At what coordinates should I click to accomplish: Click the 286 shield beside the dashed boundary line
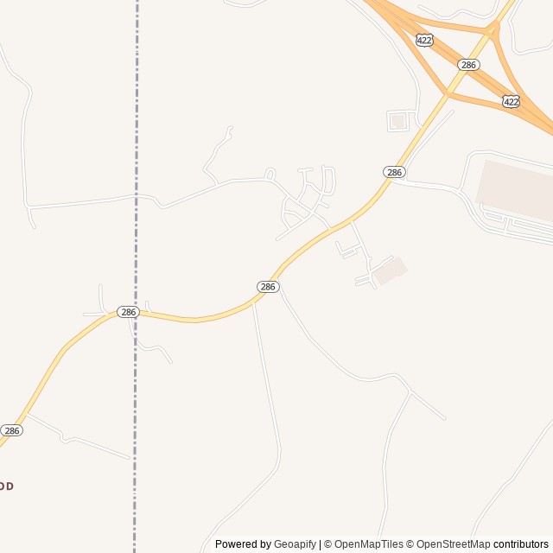(128, 311)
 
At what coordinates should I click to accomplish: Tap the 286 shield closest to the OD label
(11, 429)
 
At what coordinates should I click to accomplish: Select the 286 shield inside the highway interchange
(468, 65)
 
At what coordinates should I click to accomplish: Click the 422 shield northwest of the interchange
(423, 41)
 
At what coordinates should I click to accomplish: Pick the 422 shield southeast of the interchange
(511, 101)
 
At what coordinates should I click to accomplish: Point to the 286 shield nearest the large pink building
(394, 172)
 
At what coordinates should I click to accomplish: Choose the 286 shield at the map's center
(268, 286)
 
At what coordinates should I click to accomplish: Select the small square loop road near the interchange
(397, 121)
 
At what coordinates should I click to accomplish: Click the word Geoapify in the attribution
(295, 544)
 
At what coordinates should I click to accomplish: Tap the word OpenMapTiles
(369, 544)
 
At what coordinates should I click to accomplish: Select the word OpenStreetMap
(453, 544)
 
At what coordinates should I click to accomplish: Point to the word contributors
(521, 544)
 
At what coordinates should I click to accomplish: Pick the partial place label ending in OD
(6, 486)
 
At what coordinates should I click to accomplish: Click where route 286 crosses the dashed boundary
(136, 312)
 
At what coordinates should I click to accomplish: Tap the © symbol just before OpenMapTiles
(328, 544)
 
